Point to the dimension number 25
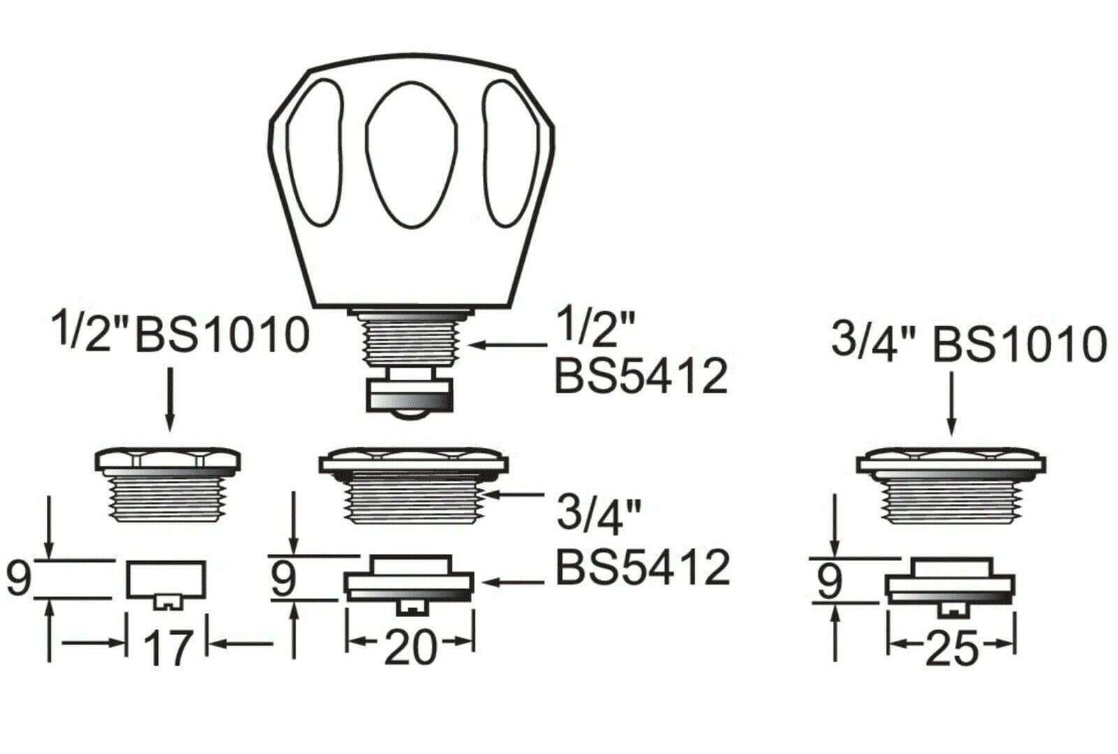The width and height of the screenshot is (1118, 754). (952, 649)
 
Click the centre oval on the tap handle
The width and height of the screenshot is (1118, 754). (411, 157)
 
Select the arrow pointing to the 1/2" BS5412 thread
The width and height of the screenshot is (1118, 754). (508, 344)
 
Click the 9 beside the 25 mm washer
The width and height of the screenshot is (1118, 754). (829, 581)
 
